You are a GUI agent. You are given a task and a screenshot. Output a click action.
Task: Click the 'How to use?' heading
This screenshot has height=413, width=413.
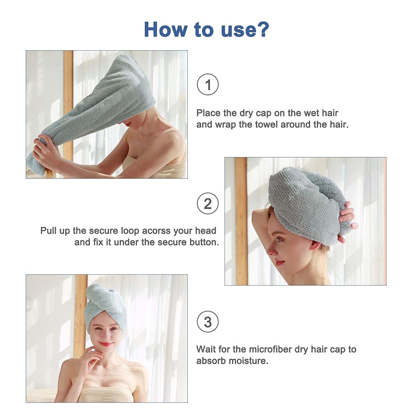coord(206,29)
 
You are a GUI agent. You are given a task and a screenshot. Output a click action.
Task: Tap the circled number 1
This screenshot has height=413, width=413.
coord(208,85)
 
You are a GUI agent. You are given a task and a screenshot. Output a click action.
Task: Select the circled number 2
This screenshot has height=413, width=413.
coord(208,203)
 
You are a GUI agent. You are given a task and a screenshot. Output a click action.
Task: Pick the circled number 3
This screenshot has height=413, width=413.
coord(208,322)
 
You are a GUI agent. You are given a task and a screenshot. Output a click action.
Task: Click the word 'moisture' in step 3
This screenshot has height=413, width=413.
coord(248,361)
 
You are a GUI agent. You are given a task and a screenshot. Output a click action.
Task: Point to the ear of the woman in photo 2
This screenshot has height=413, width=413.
coord(314,245)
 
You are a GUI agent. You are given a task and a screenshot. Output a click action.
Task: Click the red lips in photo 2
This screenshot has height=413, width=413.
coord(279,263)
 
